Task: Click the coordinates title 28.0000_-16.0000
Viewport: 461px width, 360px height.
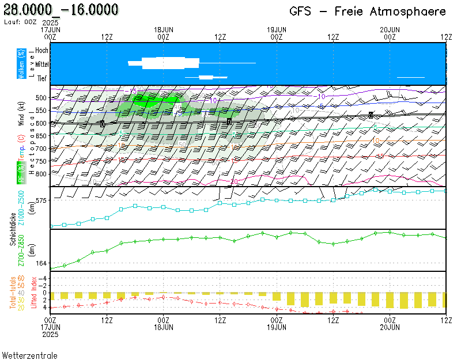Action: (x=61, y=10)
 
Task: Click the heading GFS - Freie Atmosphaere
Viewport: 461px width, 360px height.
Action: (x=368, y=12)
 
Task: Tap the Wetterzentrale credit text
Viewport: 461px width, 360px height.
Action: (x=29, y=355)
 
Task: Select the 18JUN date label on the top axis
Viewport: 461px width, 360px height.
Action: (x=164, y=29)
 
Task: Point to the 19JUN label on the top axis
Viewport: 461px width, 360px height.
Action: (x=277, y=29)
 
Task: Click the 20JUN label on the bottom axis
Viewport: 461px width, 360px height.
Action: (x=390, y=327)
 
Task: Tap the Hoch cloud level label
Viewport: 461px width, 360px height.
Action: (x=41, y=51)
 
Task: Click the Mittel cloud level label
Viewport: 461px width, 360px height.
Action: (x=41, y=65)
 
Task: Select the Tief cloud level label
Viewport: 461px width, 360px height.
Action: (x=43, y=79)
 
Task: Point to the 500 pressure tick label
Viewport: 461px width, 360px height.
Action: (x=40, y=98)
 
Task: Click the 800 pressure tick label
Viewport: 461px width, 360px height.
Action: (x=40, y=174)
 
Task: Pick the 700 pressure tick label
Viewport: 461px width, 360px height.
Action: (x=40, y=149)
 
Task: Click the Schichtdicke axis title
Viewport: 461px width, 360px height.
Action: (x=13, y=230)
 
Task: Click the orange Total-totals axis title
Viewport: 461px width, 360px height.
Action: (x=13, y=293)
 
